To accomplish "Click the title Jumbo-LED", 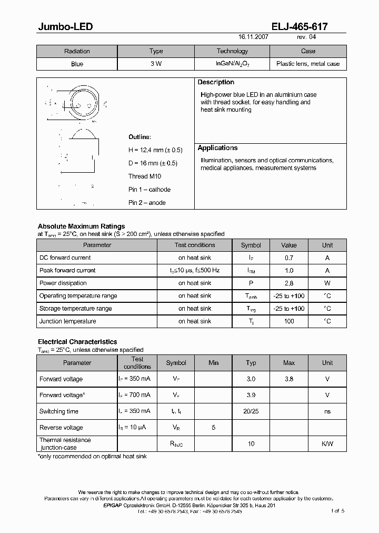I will [x=65, y=26].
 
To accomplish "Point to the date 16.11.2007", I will [x=254, y=38].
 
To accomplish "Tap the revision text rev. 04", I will [x=306, y=38].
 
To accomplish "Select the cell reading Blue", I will [x=77, y=64].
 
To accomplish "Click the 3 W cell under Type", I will [x=156, y=64].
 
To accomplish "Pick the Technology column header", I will [x=232, y=51].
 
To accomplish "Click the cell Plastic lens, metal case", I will [x=308, y=64].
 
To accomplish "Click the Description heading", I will [x=216, y=82].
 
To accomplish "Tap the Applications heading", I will [x=217, y=148].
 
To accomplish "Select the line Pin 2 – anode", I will [x=147, y=203].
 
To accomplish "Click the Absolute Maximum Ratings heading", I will [x=81, y=226].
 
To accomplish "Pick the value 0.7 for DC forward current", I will [x=288, y=258].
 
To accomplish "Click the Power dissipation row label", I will [x=63, y=283].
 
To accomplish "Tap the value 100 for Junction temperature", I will [x=288, y=321].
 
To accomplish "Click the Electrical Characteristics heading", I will [x=77, y=342].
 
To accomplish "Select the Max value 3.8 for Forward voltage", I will [x=288, y=379].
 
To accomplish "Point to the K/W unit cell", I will [x=327, y=443].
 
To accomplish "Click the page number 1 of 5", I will [x=337, y=511].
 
